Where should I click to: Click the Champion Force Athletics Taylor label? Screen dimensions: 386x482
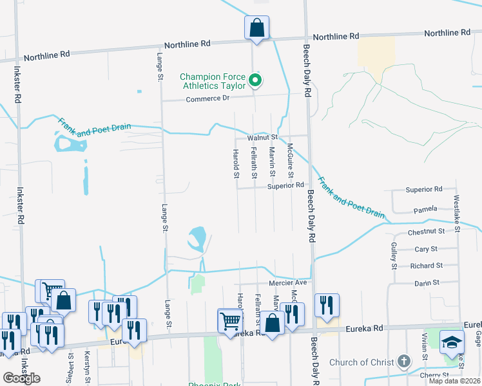[x=213, y=81]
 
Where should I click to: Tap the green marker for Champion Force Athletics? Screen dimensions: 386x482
[x=255, y=80]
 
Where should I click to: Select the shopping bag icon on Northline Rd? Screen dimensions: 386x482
[x=256, y=28]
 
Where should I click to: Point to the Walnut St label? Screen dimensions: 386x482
[x=261, y=137]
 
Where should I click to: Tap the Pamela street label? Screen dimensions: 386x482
[x=425, y=209]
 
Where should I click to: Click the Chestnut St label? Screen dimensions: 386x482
[x=426, y=231]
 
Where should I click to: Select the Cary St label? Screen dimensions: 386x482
[x=426, y=249]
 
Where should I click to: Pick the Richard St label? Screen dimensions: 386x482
[x=426, y=266]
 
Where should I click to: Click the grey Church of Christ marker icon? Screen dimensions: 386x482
[x=404, y=361]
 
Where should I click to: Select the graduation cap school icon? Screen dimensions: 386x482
[x=452, y=342]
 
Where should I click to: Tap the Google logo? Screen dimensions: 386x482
[x=21, y=378]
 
